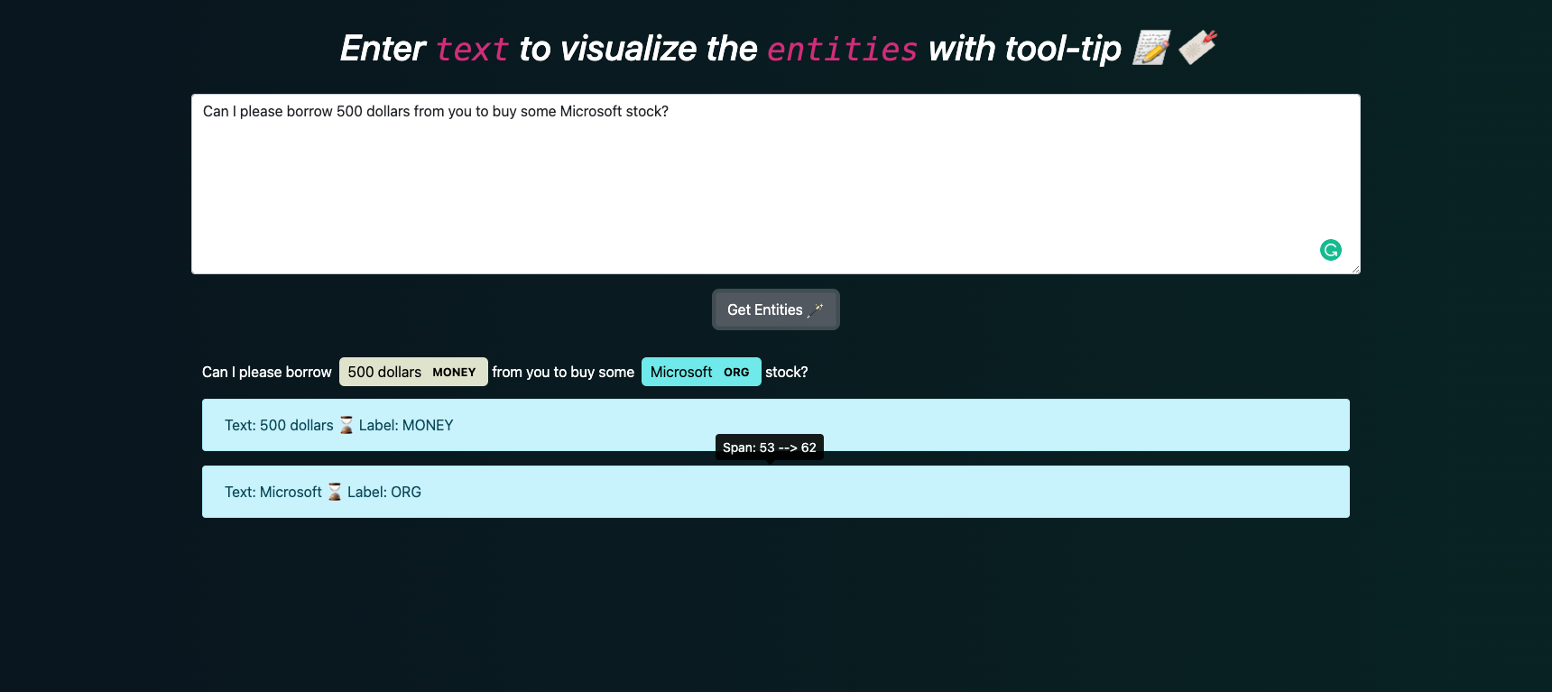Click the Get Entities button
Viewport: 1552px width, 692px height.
[775, 309]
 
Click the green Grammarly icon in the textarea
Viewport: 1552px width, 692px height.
[1330, 250]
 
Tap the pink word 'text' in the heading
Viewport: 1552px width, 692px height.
[472, 50]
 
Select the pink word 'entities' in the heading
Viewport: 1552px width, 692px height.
[842, 50]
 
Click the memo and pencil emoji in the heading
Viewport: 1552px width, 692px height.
[1151, 48]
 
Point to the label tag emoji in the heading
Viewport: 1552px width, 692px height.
[1198, 47]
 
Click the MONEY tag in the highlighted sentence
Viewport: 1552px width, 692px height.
[454, 373]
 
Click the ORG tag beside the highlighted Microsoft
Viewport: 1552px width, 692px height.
[736, 373]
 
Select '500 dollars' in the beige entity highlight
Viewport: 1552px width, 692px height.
[384, 373]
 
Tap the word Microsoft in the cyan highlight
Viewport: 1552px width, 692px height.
[681, 373]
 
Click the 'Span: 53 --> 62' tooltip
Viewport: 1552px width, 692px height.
[769, 447]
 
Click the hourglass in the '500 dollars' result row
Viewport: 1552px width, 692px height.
[346, 425]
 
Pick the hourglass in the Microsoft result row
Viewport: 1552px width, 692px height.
[335, 492]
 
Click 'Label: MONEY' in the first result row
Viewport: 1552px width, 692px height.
[406, 425]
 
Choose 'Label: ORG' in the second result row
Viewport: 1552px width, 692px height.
[384, 492]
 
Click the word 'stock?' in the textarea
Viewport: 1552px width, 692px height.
[647, 112]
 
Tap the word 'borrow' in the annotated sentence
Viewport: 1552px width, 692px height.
[309, 373]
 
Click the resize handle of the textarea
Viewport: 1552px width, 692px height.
[1355, 269]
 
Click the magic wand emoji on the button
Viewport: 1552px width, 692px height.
[816, 310]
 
